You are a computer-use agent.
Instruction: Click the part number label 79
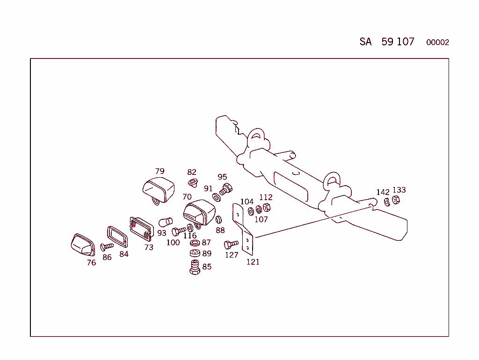point(160,171)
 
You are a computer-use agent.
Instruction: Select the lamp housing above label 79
point(158,189)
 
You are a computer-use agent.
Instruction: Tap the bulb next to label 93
point(166,222)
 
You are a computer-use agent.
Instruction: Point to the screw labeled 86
point(107,246)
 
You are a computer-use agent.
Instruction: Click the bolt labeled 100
point(179,231)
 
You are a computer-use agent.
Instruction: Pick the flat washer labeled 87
point(195,243)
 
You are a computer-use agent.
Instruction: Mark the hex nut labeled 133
point(395,201)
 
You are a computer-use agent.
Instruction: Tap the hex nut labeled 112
point(267,208)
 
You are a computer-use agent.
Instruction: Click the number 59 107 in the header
point(398,42)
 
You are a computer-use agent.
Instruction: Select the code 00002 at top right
point(437,43)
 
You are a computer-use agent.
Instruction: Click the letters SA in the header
point(365,42)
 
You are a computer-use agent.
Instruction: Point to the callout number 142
point(383,192)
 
